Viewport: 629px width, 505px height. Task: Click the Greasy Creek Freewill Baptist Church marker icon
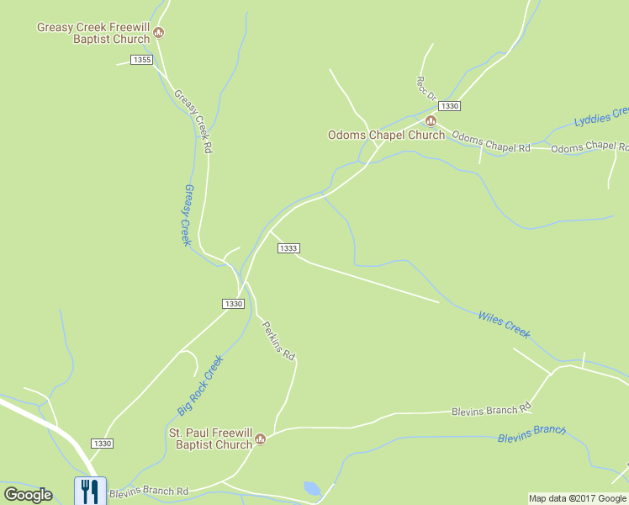[x=159, y=33]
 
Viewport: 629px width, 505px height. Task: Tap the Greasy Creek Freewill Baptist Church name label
[x=92, y=33]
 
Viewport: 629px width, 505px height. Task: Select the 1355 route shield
[x=142, y=59]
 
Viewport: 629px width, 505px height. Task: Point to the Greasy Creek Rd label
[x=193, y=121]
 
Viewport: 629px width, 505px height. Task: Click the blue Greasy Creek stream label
[x=187, y=215]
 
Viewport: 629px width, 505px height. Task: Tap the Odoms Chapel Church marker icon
[x=431, y=121]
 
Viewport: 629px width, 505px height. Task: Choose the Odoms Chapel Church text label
[x=386, y=136]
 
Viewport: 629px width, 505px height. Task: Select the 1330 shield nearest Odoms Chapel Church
[x=449, y=105]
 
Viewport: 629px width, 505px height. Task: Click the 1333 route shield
[x=288, y=247]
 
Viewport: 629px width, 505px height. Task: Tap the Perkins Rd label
[x=277, y=341]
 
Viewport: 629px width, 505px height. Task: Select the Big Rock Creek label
[x=200, y=385]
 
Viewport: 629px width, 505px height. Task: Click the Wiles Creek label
[x=504, y=324]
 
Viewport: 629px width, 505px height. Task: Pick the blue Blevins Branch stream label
[x=531, y=433]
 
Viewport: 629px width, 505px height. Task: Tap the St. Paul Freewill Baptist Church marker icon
[x=261, y=439]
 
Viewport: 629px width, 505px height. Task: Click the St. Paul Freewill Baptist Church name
[x=210, y=439]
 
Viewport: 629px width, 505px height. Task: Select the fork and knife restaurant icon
[x=88, y=490]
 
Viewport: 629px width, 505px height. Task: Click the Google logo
[x=28, y=495]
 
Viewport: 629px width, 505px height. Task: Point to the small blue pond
[x=311, y=488]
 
